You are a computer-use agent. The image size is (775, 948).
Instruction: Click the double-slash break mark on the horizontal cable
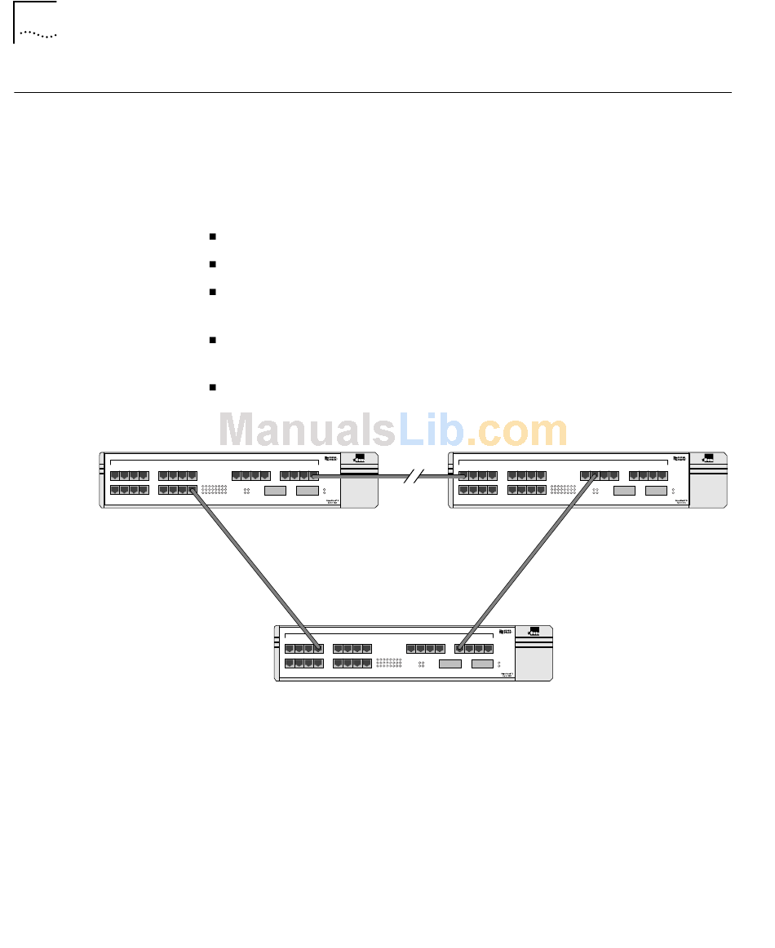417,476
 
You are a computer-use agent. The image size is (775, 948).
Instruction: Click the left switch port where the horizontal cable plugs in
314,476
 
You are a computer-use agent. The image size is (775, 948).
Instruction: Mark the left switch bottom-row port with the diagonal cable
193,490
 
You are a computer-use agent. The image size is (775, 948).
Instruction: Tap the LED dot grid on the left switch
215,491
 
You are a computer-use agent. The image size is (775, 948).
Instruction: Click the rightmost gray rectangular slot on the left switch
307,490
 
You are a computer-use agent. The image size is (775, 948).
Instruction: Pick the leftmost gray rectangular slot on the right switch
624,490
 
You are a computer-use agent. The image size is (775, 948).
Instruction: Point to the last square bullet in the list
211,387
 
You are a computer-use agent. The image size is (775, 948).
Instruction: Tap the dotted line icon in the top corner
38,35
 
